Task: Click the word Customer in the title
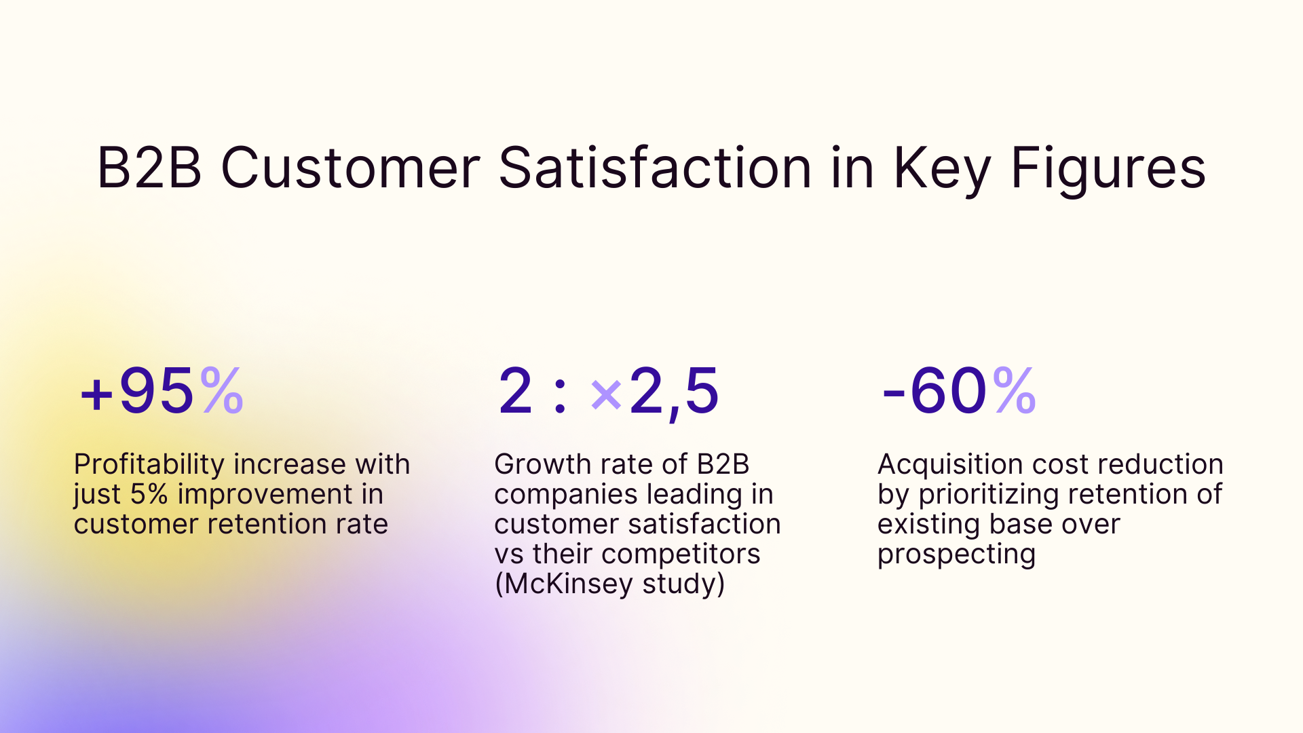pyautogui.click(x=350, y=168)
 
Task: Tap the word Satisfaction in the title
pyautogui.click(x=654, y=168)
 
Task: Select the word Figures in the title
pyautogui.click(x=1108, y=168)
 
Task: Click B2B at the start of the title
pyautogui.click(x=149, y=168)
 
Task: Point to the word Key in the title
pyautogui.click(x=942, y=168)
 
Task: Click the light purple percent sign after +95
pyautogui.click(x=222, y=391)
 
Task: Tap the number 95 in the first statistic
pyautogui.click(x=156, y=391)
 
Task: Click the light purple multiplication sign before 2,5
pyautogui.click(x=606, y=394)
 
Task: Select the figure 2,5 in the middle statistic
pyautogui.click(x=673, y=391)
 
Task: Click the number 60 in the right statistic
pyautogui.click(x=948, y=391)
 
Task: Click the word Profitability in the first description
pyautogui.click(x=149, y=465)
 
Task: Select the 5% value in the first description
pyautogui.click(x=149, y=495)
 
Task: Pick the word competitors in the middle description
pyautogui.click(x=680, y=555)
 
